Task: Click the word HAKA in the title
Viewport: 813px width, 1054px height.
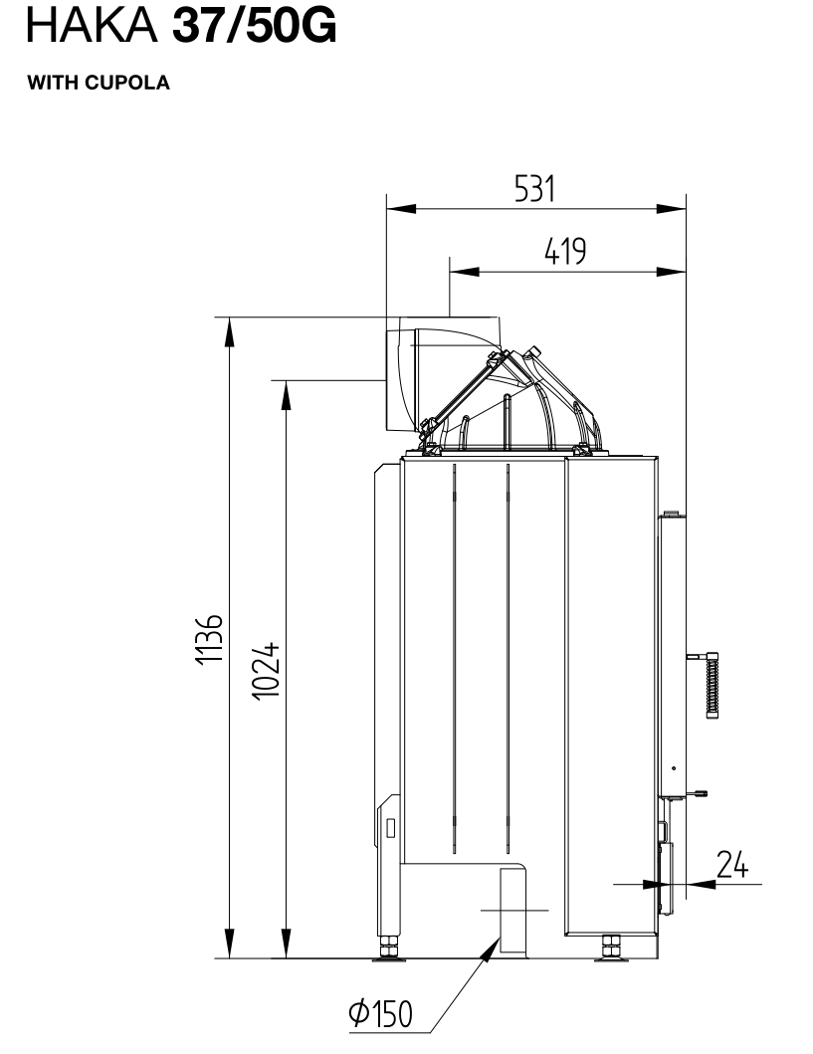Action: pyautogui.click(x=93, y=26)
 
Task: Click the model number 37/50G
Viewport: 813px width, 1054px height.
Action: pyautogui.click(x=255, y=27)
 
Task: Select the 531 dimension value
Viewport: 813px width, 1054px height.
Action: pyautogui.click(x=534, y=189)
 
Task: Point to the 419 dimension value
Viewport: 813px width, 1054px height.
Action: pyautogui.click(x=565, y=252)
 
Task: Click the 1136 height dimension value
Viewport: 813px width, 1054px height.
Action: pyautogui.click(x=210, y=638)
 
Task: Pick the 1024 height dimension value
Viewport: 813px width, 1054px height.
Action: pyautogui.click(x=266, y=670)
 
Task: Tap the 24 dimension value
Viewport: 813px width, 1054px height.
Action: pyautogui.click(x=731, y=865)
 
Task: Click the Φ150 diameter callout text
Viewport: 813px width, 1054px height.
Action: pyautogui.click(x=380, y=1013)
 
